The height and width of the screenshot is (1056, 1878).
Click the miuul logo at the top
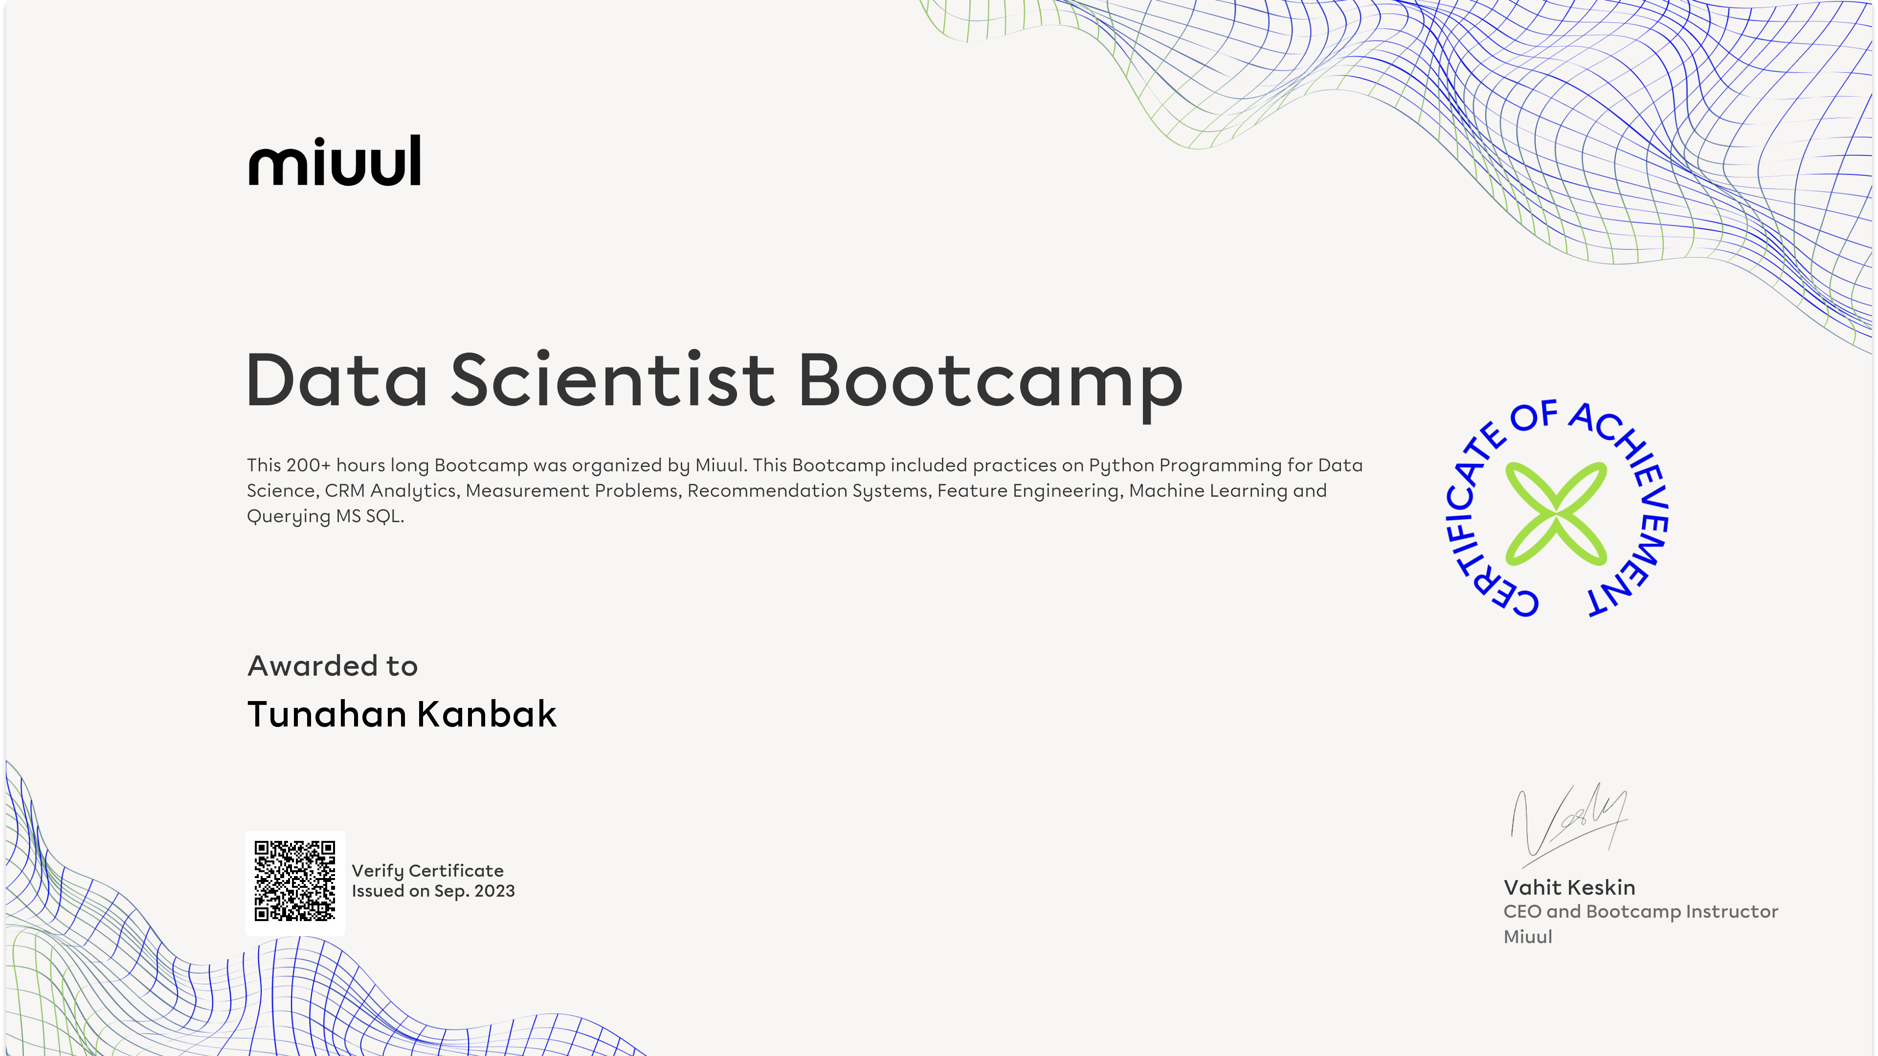335,160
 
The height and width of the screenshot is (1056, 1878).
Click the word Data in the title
337,380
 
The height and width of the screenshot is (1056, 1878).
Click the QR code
294,881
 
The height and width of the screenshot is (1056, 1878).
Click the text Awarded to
333,665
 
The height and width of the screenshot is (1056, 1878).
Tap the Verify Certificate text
427,871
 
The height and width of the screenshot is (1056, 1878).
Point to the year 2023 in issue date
494,891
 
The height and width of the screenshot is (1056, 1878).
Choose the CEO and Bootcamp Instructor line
1640,912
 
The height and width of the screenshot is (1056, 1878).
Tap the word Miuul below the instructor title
1527,937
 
